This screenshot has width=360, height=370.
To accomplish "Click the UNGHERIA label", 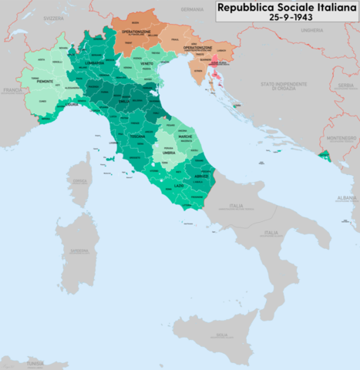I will click(x=312, y=30).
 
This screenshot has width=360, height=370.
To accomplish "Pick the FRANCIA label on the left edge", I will click(x=8, y=90).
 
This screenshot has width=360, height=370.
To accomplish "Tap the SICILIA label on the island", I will click(x=221, y=335).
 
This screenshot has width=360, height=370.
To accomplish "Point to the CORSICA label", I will click(x=78, y=182).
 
